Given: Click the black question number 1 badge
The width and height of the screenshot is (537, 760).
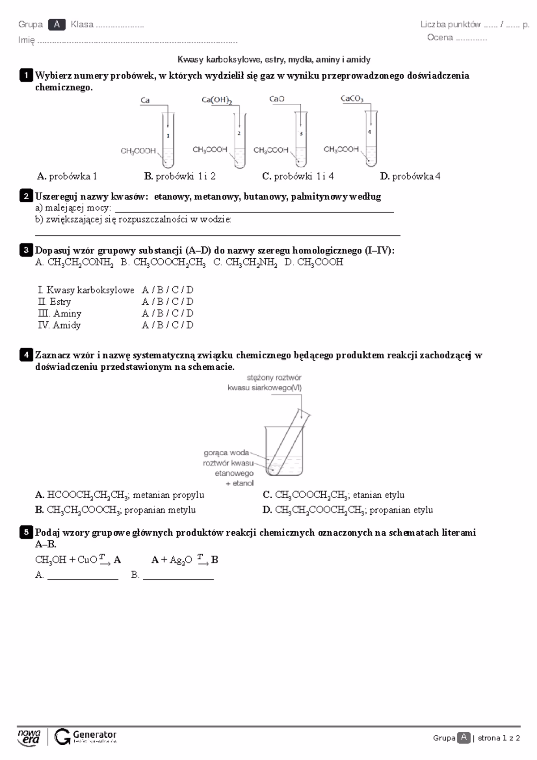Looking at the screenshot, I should tap(26, 75).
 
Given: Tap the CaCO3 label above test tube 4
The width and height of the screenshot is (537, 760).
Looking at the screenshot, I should tap(352, 99).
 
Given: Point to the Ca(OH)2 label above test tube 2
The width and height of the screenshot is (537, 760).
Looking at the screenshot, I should tap(217, 100).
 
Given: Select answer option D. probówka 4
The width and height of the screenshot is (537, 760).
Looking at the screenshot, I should tap(410, 176).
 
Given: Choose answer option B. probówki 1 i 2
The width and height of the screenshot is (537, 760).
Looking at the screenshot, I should tap(180, 176).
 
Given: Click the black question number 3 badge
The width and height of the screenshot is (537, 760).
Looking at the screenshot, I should tap(26, 250).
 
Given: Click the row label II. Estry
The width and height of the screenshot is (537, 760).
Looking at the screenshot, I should tap(55, 302).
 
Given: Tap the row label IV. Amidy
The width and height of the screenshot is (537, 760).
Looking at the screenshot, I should tap(59, 325).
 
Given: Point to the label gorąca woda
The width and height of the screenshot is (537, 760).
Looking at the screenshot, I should tap(226, 453).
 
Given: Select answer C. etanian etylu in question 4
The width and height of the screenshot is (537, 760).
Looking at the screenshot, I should tap(333, 495).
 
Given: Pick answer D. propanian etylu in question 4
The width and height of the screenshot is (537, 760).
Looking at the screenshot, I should tap(348, 510).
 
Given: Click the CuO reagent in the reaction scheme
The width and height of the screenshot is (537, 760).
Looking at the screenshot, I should tap(87, 560).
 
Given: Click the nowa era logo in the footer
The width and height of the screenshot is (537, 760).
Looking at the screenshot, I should tap(29, 737).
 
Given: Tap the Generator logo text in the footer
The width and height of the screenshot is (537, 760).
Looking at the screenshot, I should tap(94, 734).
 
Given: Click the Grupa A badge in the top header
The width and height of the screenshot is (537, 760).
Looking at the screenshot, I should tap(56, 25).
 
